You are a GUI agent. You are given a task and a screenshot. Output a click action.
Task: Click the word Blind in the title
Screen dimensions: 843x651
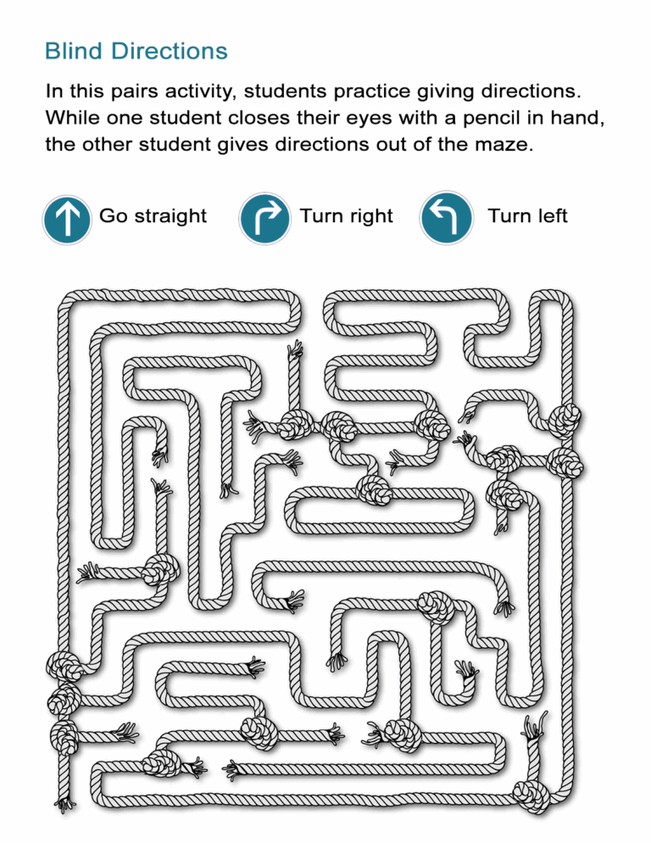(70, 52)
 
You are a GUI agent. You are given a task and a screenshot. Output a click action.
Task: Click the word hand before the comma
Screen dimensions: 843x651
(584, 117)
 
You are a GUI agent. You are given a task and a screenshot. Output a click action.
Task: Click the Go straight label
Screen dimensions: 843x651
(153, 216)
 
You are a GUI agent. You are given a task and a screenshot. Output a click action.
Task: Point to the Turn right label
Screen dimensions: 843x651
(346, 216)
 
